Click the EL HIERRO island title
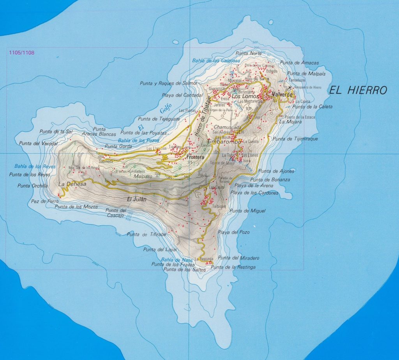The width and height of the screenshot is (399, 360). point(358,91)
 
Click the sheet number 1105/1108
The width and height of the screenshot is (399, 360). point(20,52)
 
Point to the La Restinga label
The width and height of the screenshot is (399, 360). point(204,259)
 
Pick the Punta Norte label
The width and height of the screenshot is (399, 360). point(249,53)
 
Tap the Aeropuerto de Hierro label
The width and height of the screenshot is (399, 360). point(307,87)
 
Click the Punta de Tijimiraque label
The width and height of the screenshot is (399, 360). point(295,139)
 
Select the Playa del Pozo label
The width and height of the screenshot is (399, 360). point(234,232)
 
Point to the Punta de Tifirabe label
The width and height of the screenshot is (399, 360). point(147,234)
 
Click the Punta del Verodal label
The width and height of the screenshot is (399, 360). point(35,143)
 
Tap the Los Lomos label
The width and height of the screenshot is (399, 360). point(244,96)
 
